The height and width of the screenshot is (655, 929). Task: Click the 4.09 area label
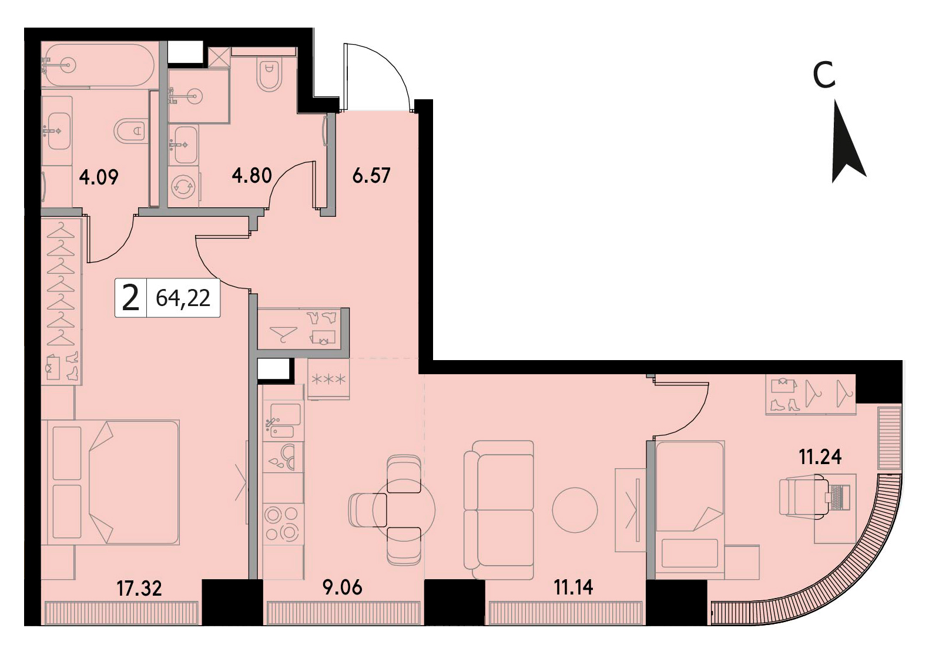click(99, 177)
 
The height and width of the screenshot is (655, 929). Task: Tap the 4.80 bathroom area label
click(251, 176)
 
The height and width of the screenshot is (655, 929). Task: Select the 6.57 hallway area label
click(371, 176)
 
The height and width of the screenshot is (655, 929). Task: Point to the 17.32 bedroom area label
click(139, 588)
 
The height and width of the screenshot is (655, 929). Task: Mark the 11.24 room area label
click(820, 457)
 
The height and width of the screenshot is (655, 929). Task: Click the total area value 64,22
click(183, 298)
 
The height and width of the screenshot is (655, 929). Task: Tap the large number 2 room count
click(130, 298)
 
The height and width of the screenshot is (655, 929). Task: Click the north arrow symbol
click(846, 143)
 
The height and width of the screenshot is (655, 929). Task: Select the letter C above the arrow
click(824, 75)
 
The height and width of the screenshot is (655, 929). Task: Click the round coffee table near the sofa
click(575, 510)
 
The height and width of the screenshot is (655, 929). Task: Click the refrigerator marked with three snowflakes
click(328, 378)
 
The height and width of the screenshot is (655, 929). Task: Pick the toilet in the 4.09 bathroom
click(130, 131)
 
